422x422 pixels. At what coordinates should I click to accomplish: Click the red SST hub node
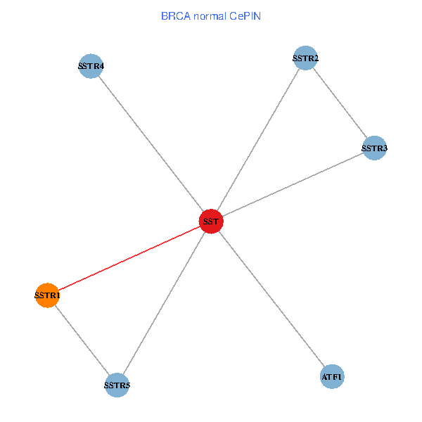(211, 222)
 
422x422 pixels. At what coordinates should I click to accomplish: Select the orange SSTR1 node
(47, 295)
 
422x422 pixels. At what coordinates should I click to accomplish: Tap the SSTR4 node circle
(91, 67)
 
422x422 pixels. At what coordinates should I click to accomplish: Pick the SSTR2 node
(306, 58)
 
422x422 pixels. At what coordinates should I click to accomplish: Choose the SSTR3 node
(374, 148)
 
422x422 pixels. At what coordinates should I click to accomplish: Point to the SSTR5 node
(117, 385)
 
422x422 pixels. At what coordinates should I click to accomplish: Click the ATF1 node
(332, 377)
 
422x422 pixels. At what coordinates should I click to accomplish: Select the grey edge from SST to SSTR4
(151, 144)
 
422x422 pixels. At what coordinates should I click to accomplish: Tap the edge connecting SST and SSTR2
(258, 140)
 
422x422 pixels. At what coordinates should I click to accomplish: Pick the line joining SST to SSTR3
(293, 185)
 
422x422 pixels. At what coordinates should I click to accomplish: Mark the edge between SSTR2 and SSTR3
(340, 103)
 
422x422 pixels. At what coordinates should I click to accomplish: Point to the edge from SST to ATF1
(271, 299)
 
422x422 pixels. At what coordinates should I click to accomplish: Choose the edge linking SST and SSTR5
(164, 303)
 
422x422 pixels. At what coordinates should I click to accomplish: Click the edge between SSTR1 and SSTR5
(82, 340)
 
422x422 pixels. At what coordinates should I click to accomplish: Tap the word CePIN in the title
(244, 15)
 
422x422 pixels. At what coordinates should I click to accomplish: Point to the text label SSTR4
(91, 67)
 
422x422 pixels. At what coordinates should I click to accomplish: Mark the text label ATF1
(332, 378)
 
